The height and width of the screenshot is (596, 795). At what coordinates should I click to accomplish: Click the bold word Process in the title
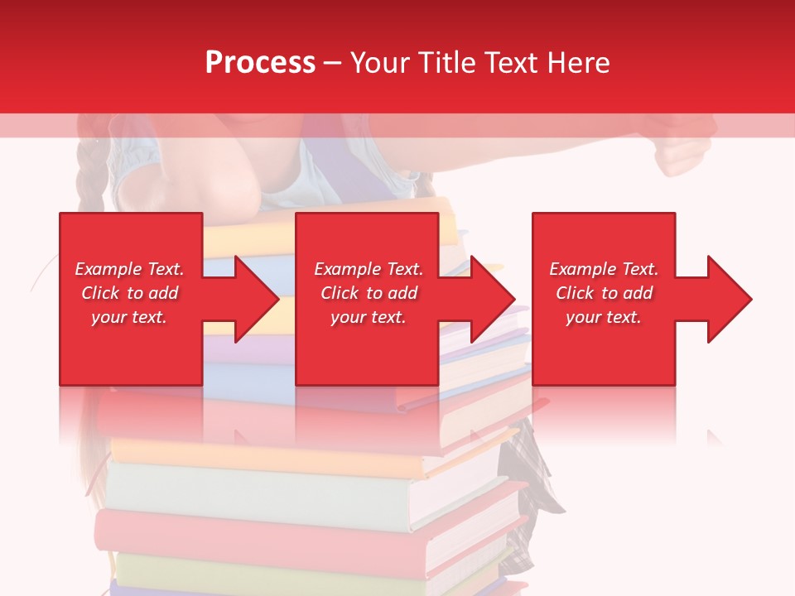click(260, 63)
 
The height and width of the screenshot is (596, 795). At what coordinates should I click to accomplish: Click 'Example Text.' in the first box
click(129, 269)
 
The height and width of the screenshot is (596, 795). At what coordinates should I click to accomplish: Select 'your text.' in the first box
click(129, 317)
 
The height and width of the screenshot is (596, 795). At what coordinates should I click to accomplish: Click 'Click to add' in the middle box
click(369, 293)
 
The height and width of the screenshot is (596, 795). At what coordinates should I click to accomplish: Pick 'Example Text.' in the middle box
click(369, 269)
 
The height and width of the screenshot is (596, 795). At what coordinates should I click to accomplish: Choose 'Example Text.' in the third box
click(604, 269)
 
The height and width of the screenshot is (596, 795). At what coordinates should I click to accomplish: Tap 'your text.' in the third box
click(604, 317)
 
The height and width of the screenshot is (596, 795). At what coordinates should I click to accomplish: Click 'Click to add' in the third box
click(604, 293)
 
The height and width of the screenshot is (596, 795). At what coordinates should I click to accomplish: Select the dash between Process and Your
click(333, 64)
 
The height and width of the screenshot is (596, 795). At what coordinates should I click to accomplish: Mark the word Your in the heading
click(380, 63)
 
